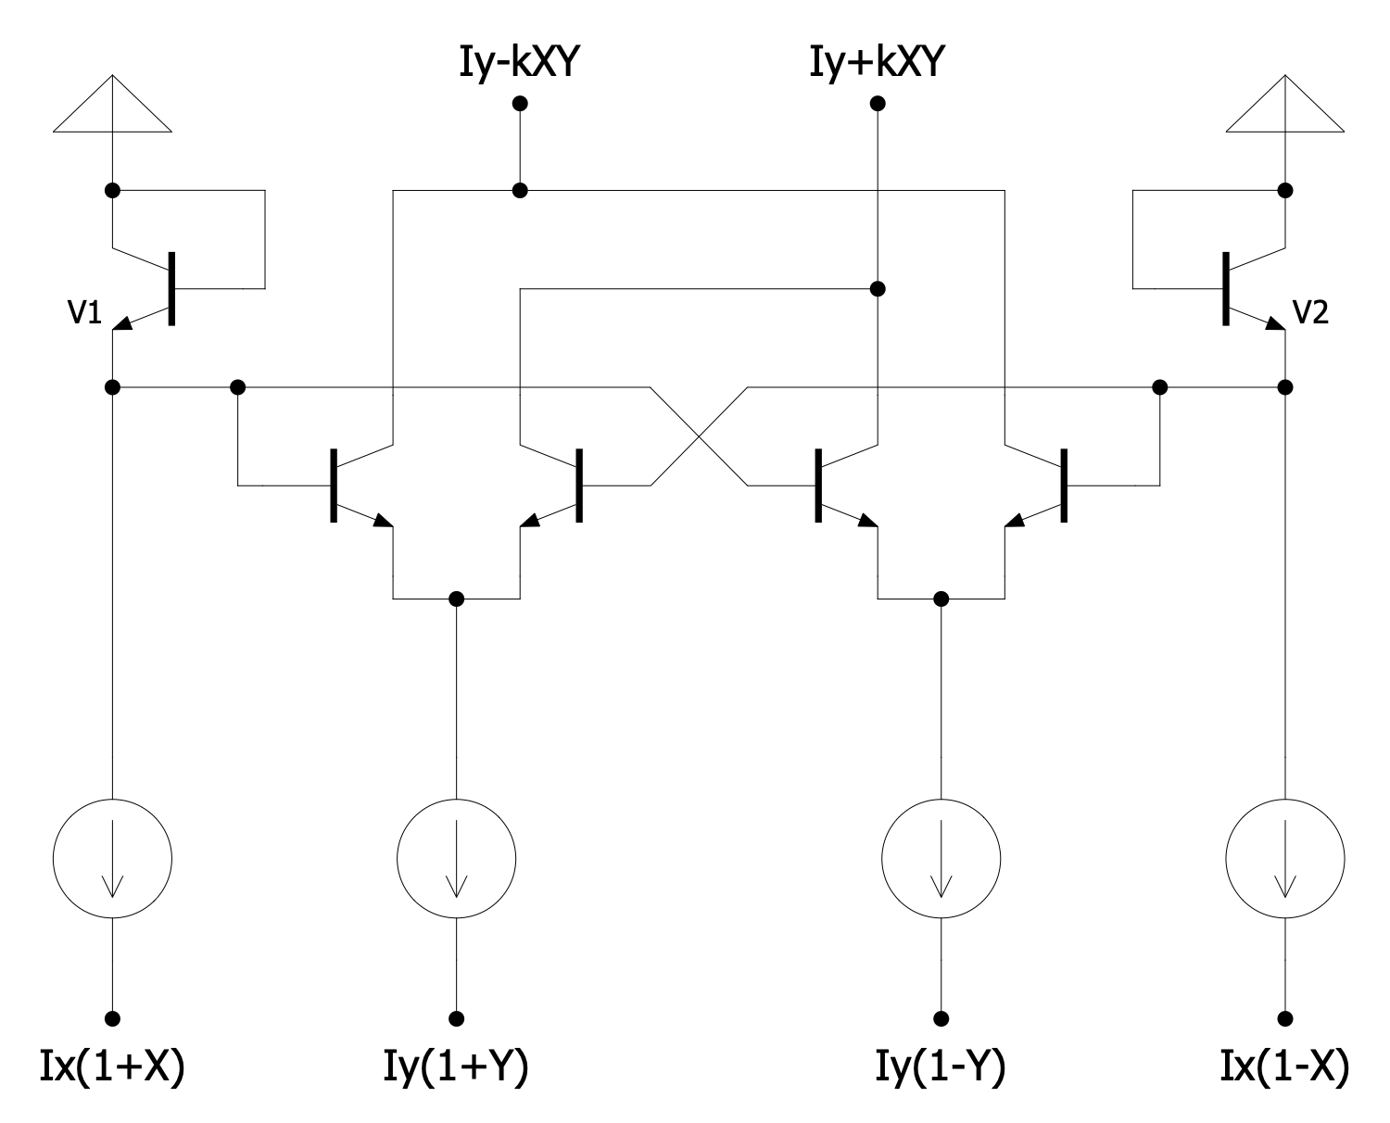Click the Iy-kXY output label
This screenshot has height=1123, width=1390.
pyautogui.click(x=520, y=63)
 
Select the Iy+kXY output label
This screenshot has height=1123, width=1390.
pyautogui.click(x=877, y=63)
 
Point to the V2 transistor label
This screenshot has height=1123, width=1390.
pyautogui.click(x=1310, y=314)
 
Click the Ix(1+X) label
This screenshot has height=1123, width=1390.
pyautogui.click(x=112, y=1067)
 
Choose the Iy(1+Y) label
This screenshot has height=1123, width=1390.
pyautogui.click(x=456, y=1067)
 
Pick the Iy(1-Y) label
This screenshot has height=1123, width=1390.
pyautogui.click(x=941, y=1067)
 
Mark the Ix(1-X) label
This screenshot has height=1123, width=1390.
pyautogui.click(x=1284, y=1067)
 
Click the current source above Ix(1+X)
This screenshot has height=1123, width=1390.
pyautogui.click(x=112, y=858)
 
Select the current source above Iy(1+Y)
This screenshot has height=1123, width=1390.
pyautogui.click(x=456, y=858)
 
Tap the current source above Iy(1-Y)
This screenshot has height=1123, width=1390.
pyautogui.click(x=941, y=858)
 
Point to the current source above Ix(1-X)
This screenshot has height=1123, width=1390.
pyautogui.click(x=1284, y=858)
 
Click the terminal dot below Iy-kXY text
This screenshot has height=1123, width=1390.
pyautogui.click(x=521, y=103)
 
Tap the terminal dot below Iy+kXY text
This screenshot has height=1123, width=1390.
pyautogui.click(x=878, y=103)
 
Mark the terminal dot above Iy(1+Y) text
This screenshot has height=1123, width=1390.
pyautogui.click(x=456, y=1017)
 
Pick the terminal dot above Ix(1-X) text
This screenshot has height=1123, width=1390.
pyautogui.click(x=1284, y=1017)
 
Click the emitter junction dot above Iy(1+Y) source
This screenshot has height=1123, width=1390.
pyautogui.click(x=456, y=599)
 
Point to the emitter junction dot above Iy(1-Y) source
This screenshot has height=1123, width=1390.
pyautogui.click(x=941, y=599)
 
